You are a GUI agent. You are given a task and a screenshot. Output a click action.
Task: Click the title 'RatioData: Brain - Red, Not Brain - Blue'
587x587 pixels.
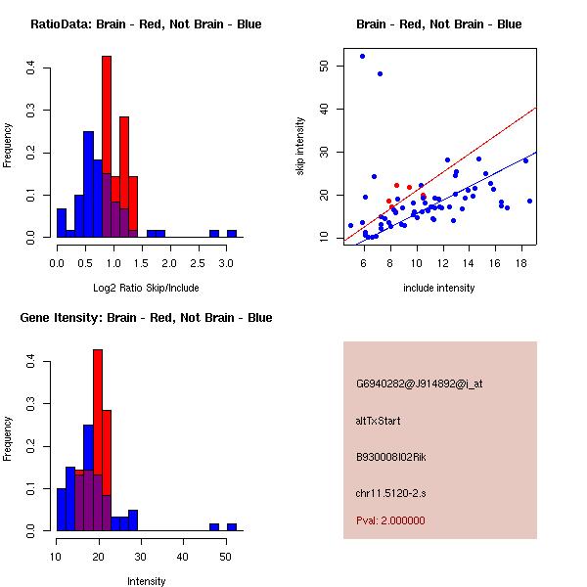[146, 24]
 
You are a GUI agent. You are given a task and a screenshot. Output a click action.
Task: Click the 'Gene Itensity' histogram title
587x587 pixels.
[147, 318]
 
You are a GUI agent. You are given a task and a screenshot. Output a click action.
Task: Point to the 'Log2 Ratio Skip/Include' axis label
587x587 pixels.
[146, 288]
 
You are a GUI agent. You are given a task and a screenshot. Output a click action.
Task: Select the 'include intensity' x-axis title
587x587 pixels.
[439, 288]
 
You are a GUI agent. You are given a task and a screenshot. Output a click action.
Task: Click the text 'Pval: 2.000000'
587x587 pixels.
[390, 520]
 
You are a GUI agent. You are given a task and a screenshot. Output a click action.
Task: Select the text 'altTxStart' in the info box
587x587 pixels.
[379, 421]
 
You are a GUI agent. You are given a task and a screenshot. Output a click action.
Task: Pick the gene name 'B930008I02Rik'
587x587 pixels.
[391, 457]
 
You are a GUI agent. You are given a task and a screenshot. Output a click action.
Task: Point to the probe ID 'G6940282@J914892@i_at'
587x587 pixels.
[420, 384]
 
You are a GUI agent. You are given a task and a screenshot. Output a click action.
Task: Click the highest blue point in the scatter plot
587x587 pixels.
[362, 57]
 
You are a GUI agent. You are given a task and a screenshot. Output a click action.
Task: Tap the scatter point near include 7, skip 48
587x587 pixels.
[380, 73]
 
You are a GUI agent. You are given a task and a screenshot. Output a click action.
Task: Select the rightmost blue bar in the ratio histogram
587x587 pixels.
[232, 234]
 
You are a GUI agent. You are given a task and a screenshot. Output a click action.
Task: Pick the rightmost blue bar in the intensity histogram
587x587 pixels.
[232, 526]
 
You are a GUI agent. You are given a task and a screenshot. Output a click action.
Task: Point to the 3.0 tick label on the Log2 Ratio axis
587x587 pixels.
[226, 263]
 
